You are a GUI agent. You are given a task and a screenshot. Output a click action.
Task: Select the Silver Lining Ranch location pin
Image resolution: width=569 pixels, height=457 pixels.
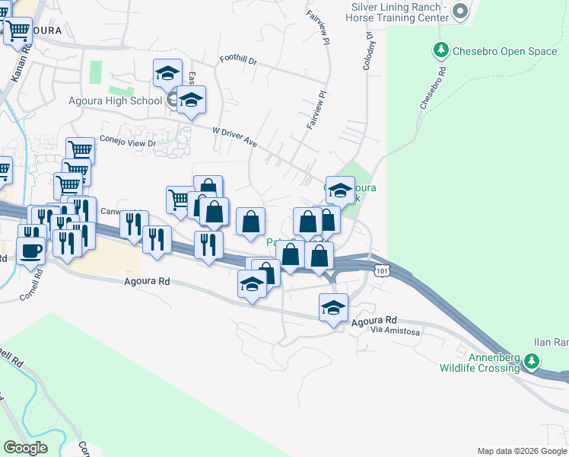(x=459, y=11)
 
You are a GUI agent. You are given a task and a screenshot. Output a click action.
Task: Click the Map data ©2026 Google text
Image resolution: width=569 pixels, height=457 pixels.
(x=522, y=451)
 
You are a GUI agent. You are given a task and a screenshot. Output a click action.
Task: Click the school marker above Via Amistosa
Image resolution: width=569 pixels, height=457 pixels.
(x=333, y=307)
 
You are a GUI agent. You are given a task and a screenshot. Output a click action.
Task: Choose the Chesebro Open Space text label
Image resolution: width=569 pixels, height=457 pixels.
(x=504, y=52)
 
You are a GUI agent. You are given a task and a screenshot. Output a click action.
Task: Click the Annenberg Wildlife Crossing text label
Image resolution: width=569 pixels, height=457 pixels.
(x=480, y=362)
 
